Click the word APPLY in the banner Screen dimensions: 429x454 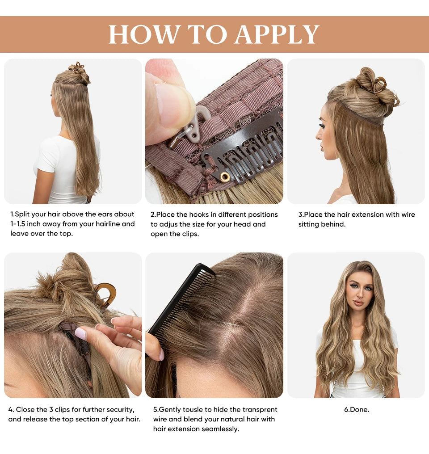[x=277, y=34]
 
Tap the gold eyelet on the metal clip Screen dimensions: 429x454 [x=225, y=177]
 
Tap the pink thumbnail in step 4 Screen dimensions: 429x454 [x=80, y=333]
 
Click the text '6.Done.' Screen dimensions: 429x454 [x=356, y=409]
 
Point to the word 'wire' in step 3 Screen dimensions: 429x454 [x=408, y=214]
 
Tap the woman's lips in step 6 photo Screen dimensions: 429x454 [x=359, y=303]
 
